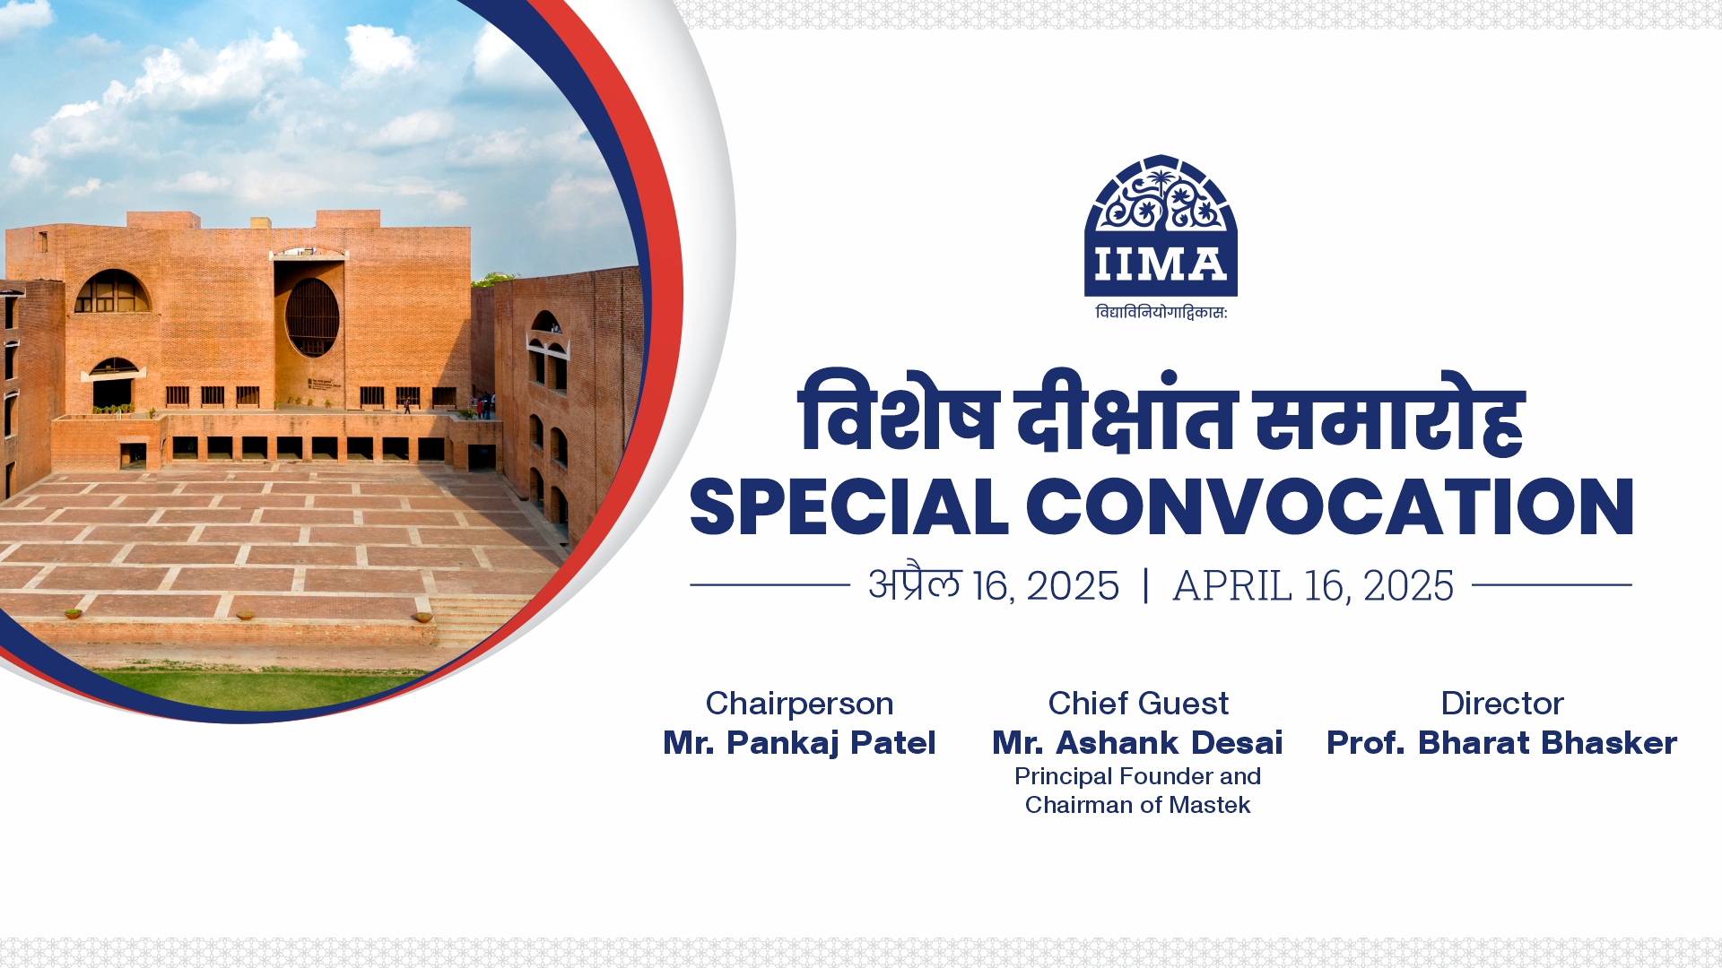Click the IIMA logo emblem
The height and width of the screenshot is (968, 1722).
coord(1161,226)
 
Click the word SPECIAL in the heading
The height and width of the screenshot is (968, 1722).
coord(848,507)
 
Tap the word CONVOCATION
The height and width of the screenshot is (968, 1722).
coord(1329,507)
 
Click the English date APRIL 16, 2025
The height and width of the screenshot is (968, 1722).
coord(1313,586)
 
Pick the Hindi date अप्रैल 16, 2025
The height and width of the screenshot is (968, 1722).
coord(994,586)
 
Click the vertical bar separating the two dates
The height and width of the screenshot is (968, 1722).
coord(1145,586)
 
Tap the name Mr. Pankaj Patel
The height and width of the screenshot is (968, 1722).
coord(799,743)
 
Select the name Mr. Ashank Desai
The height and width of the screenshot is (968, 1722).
coord(1137,743)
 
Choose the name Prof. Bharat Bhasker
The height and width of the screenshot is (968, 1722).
coord(1501,743)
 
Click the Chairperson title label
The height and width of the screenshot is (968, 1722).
coord(799,704)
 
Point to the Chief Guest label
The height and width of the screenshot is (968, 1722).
coord(1138,704)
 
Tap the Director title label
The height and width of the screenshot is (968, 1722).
coord(1502,704)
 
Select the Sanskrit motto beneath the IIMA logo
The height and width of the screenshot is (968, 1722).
coord(1161,312)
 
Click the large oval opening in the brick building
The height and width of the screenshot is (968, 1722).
coord(312,317)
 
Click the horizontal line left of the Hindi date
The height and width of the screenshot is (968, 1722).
coord(770,585)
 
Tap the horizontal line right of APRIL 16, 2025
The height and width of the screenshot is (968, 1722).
coord(1552,585)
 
